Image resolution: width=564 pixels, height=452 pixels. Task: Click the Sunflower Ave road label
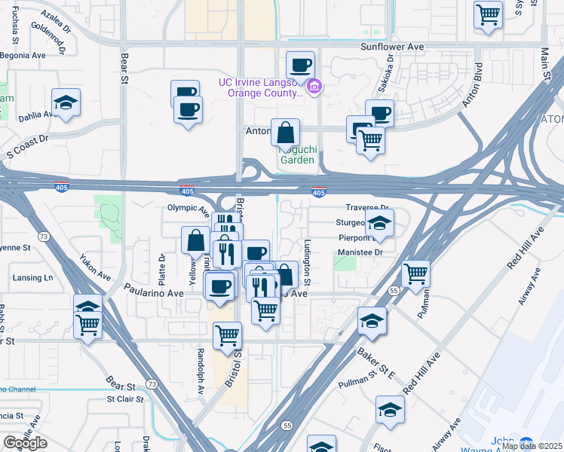pyautogui.click(x=394, y=47)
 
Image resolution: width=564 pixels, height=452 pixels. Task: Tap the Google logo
pyautogui.click(x=25, y=443)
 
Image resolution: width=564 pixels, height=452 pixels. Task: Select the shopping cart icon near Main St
pyautogui.click(x=489, y=14)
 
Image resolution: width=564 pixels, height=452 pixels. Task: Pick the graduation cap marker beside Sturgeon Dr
pyautogui.click(x=379, y=222)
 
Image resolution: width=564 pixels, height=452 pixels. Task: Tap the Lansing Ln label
pyautogui.click(x=34, y=278)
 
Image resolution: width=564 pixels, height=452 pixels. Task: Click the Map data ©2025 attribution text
pyautogui.click(x=531, y=446)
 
